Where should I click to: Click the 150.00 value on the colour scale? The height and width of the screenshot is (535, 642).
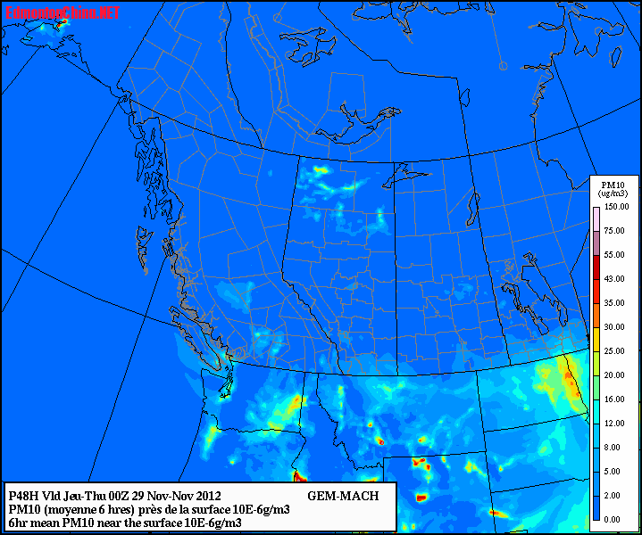tap(615, 207)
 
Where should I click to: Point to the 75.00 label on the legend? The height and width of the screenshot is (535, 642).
tap(615, 231)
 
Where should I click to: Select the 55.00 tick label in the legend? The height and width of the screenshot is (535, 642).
tap(615, 255)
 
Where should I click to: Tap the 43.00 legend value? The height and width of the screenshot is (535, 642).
tap(615, 279)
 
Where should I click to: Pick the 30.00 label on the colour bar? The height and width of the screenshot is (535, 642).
tap(615, 327)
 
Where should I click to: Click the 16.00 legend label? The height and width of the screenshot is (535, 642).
tap(615, 399)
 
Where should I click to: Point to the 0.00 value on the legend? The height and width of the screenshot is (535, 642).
tap(615, 519)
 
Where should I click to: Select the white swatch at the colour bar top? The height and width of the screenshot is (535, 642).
tap(596, 218)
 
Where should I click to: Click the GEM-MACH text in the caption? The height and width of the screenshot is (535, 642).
tap(343, 496)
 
